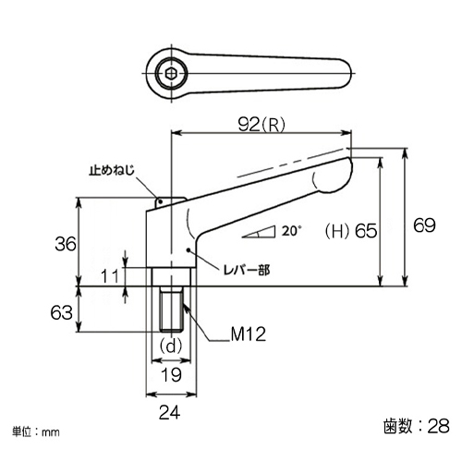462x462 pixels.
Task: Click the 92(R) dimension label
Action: (261, 125)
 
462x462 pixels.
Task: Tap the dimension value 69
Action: (424, 225)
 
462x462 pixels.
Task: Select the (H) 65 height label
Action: (351, 231)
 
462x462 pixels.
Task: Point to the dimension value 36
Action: (66, 244)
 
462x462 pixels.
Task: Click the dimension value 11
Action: (110, 276)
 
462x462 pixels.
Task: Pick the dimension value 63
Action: (62, 312)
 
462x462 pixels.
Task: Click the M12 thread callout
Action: (249, 334)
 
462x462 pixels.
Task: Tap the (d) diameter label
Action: (171, 346)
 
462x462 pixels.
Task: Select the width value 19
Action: (172, 375)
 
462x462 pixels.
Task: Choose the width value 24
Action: (170, 412)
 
